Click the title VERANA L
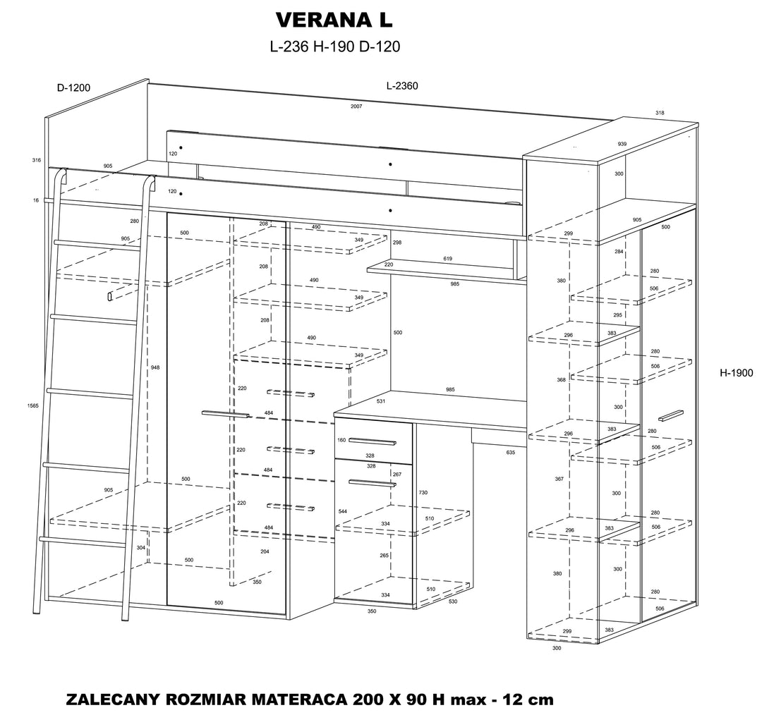tap(334, 20)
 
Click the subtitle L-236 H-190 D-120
tap(335, 47)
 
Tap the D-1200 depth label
tap(73, 87)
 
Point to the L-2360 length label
tap(402, 86)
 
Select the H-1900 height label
tap(736, 373)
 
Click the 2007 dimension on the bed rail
tap(356, 106)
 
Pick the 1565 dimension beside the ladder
tap(34, 405)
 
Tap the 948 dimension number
tap(155, 367)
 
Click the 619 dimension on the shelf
tap(448, 259)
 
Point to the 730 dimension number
tap(423, 492)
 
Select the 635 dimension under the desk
tap(511, 452)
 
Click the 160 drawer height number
tap(341, 440)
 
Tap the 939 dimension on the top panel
tap(622, 144)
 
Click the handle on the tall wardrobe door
tap(226, 415)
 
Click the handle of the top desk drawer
tap(372, 441)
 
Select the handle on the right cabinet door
tap(671, 415)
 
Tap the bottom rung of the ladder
tap(81, 542)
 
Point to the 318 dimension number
tap(660, 113)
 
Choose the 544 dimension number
tap(342, 512)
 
